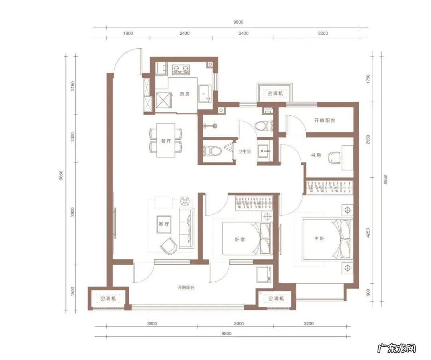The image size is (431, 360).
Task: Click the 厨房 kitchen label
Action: [184, 94]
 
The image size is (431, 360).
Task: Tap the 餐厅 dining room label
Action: [166, 141]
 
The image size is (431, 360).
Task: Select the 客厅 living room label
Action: [164, 224]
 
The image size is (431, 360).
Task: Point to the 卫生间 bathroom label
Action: [244, 151]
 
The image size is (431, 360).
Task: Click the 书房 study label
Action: [316, 155]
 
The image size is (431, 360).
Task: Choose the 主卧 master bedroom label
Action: [319, 239]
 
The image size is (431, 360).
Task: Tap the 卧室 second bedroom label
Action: [240, 239]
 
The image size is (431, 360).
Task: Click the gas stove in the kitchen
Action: [181, 69]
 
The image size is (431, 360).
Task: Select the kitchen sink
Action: [205, 93]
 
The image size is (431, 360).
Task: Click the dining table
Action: [166, 140]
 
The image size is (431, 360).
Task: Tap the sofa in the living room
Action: [187, 228]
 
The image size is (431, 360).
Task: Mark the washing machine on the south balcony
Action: [264, 274]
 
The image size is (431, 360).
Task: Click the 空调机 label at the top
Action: [275, 93]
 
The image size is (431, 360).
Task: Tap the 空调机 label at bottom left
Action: [108, 299]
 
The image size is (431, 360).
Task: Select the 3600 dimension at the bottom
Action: [152, 323]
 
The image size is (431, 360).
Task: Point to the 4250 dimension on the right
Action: [368, 233]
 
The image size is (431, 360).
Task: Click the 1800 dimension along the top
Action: [128, 33]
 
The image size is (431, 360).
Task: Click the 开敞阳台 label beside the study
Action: [324, 121]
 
